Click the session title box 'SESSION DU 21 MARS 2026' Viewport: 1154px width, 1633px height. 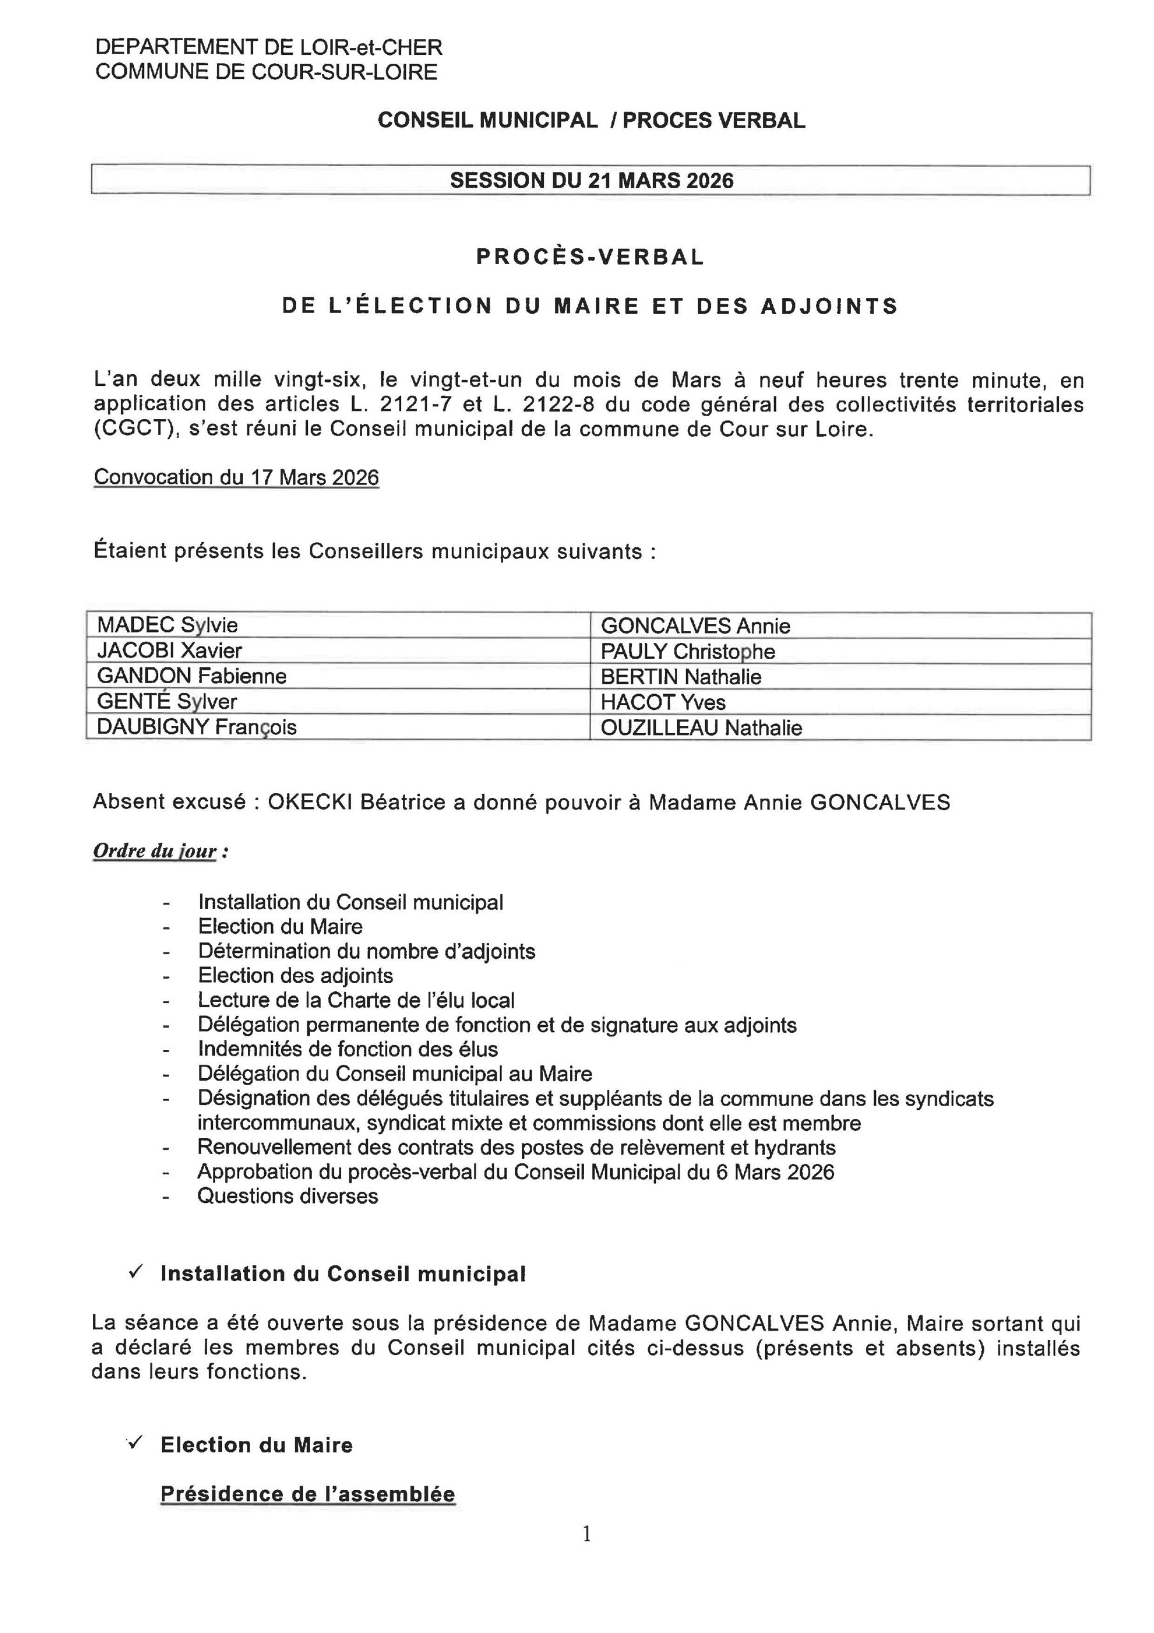591,180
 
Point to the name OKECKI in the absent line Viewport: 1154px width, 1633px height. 310,802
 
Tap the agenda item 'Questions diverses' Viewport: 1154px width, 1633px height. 288,1195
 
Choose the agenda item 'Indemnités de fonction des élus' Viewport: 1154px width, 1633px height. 347,1049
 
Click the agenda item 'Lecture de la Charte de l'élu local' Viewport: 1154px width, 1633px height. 356,1000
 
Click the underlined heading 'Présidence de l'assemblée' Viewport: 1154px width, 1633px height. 307,1493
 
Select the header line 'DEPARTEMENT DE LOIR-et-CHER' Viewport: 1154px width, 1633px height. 269,48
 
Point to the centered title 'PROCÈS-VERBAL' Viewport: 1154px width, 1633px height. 590,257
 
